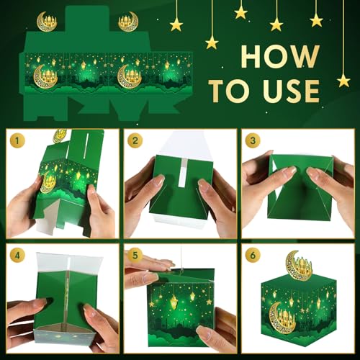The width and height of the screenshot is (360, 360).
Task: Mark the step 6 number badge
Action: [253, 256]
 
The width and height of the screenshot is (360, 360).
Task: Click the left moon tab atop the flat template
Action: [47, 21]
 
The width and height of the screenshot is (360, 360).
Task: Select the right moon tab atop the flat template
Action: [129, 21]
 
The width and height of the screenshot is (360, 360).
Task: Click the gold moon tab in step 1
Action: [59, 135]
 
